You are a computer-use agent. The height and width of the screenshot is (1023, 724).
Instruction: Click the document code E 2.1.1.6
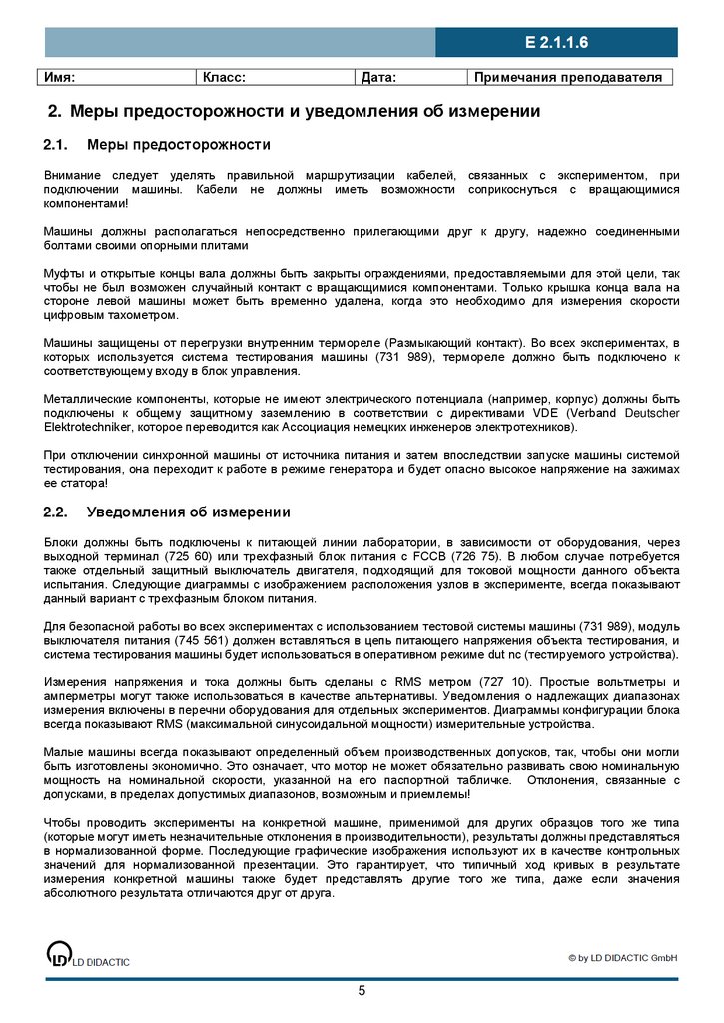pyautogui.click(x=556, y=42)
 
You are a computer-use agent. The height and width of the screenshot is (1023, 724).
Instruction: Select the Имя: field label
pyautogui.click(x=59, y=77)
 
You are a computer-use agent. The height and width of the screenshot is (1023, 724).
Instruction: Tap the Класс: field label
pyautogui.click(x=224, y=77)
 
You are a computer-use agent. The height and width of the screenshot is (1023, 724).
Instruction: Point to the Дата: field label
pyautogui.click(x=378, y=77)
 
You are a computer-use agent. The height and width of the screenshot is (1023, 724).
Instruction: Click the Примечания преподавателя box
pyautogui.click(x=568, y=77)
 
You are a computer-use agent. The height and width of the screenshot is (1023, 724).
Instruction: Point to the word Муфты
pyautogui.click(x=64, y=273)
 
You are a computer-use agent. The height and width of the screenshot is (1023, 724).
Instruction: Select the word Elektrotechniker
pyautogui.click(x=86, y=427)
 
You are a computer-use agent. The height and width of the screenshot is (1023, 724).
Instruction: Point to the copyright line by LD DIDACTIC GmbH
pyautogui.click(x=623, y=958)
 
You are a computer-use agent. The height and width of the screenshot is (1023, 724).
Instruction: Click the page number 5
pyautogui.click(x=362, y=991)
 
